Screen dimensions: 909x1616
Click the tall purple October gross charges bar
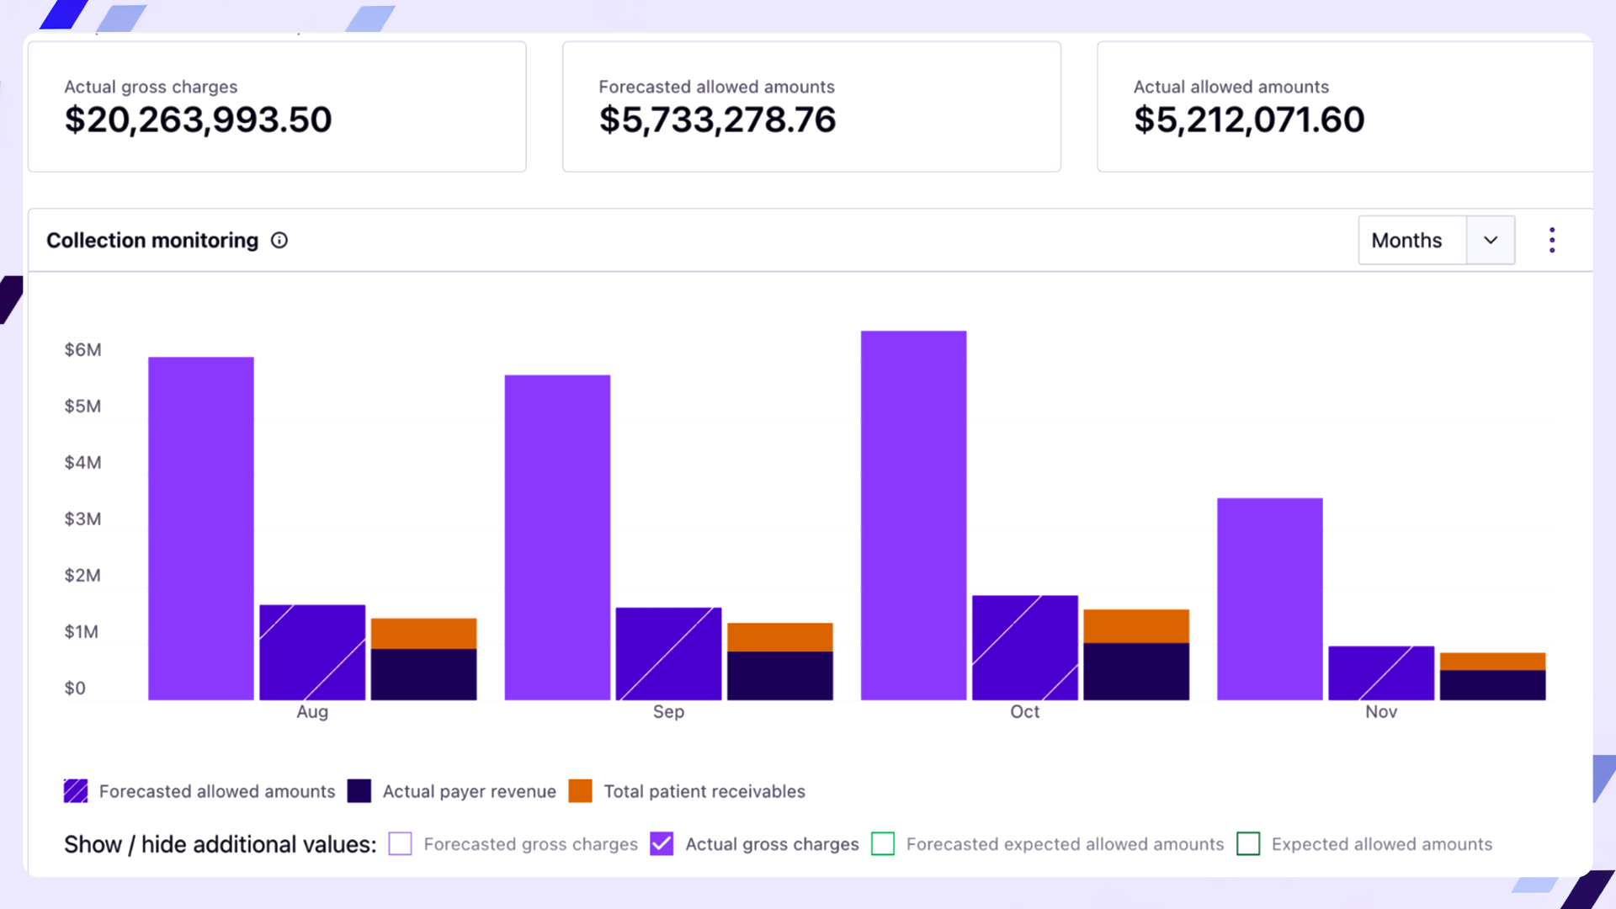913,515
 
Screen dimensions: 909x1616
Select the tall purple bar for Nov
1269,598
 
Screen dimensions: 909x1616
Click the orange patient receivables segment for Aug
423,633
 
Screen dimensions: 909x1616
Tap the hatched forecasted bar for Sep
668,653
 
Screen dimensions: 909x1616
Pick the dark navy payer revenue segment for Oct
1135,671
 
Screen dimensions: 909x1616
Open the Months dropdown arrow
1490,240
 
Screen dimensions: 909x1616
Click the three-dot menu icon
1551,240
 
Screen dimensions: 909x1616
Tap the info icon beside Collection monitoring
279,241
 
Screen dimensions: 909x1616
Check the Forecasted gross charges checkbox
401,843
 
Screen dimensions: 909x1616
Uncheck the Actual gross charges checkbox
662,843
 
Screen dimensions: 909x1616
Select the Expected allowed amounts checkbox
1248,843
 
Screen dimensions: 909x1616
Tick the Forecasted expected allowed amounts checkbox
883,843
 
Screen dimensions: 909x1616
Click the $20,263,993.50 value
199,120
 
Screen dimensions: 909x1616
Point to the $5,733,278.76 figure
717,120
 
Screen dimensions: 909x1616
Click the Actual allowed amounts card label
1231,87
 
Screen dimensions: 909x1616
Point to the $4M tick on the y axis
82,462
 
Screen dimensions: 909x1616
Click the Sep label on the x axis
668,711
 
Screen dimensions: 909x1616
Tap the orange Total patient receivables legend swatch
580,791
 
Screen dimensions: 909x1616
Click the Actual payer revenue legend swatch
359,791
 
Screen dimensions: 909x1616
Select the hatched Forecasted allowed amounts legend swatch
76,791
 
